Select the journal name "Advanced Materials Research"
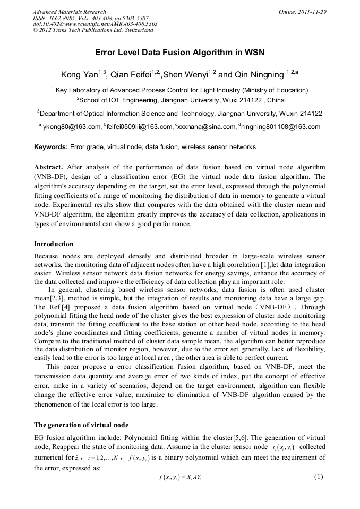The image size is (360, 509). tap(69, 12)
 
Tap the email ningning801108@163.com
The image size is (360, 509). tap(282, 127)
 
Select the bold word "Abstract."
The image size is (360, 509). tap(48, 166)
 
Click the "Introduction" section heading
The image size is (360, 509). tap(54, 244)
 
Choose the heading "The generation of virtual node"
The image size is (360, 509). tap(81, 425)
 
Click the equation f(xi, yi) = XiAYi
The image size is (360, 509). tap(179, 477)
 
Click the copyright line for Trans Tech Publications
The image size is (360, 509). tap(93, 30)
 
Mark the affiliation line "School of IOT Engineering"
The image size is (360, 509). tap(181, 100)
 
